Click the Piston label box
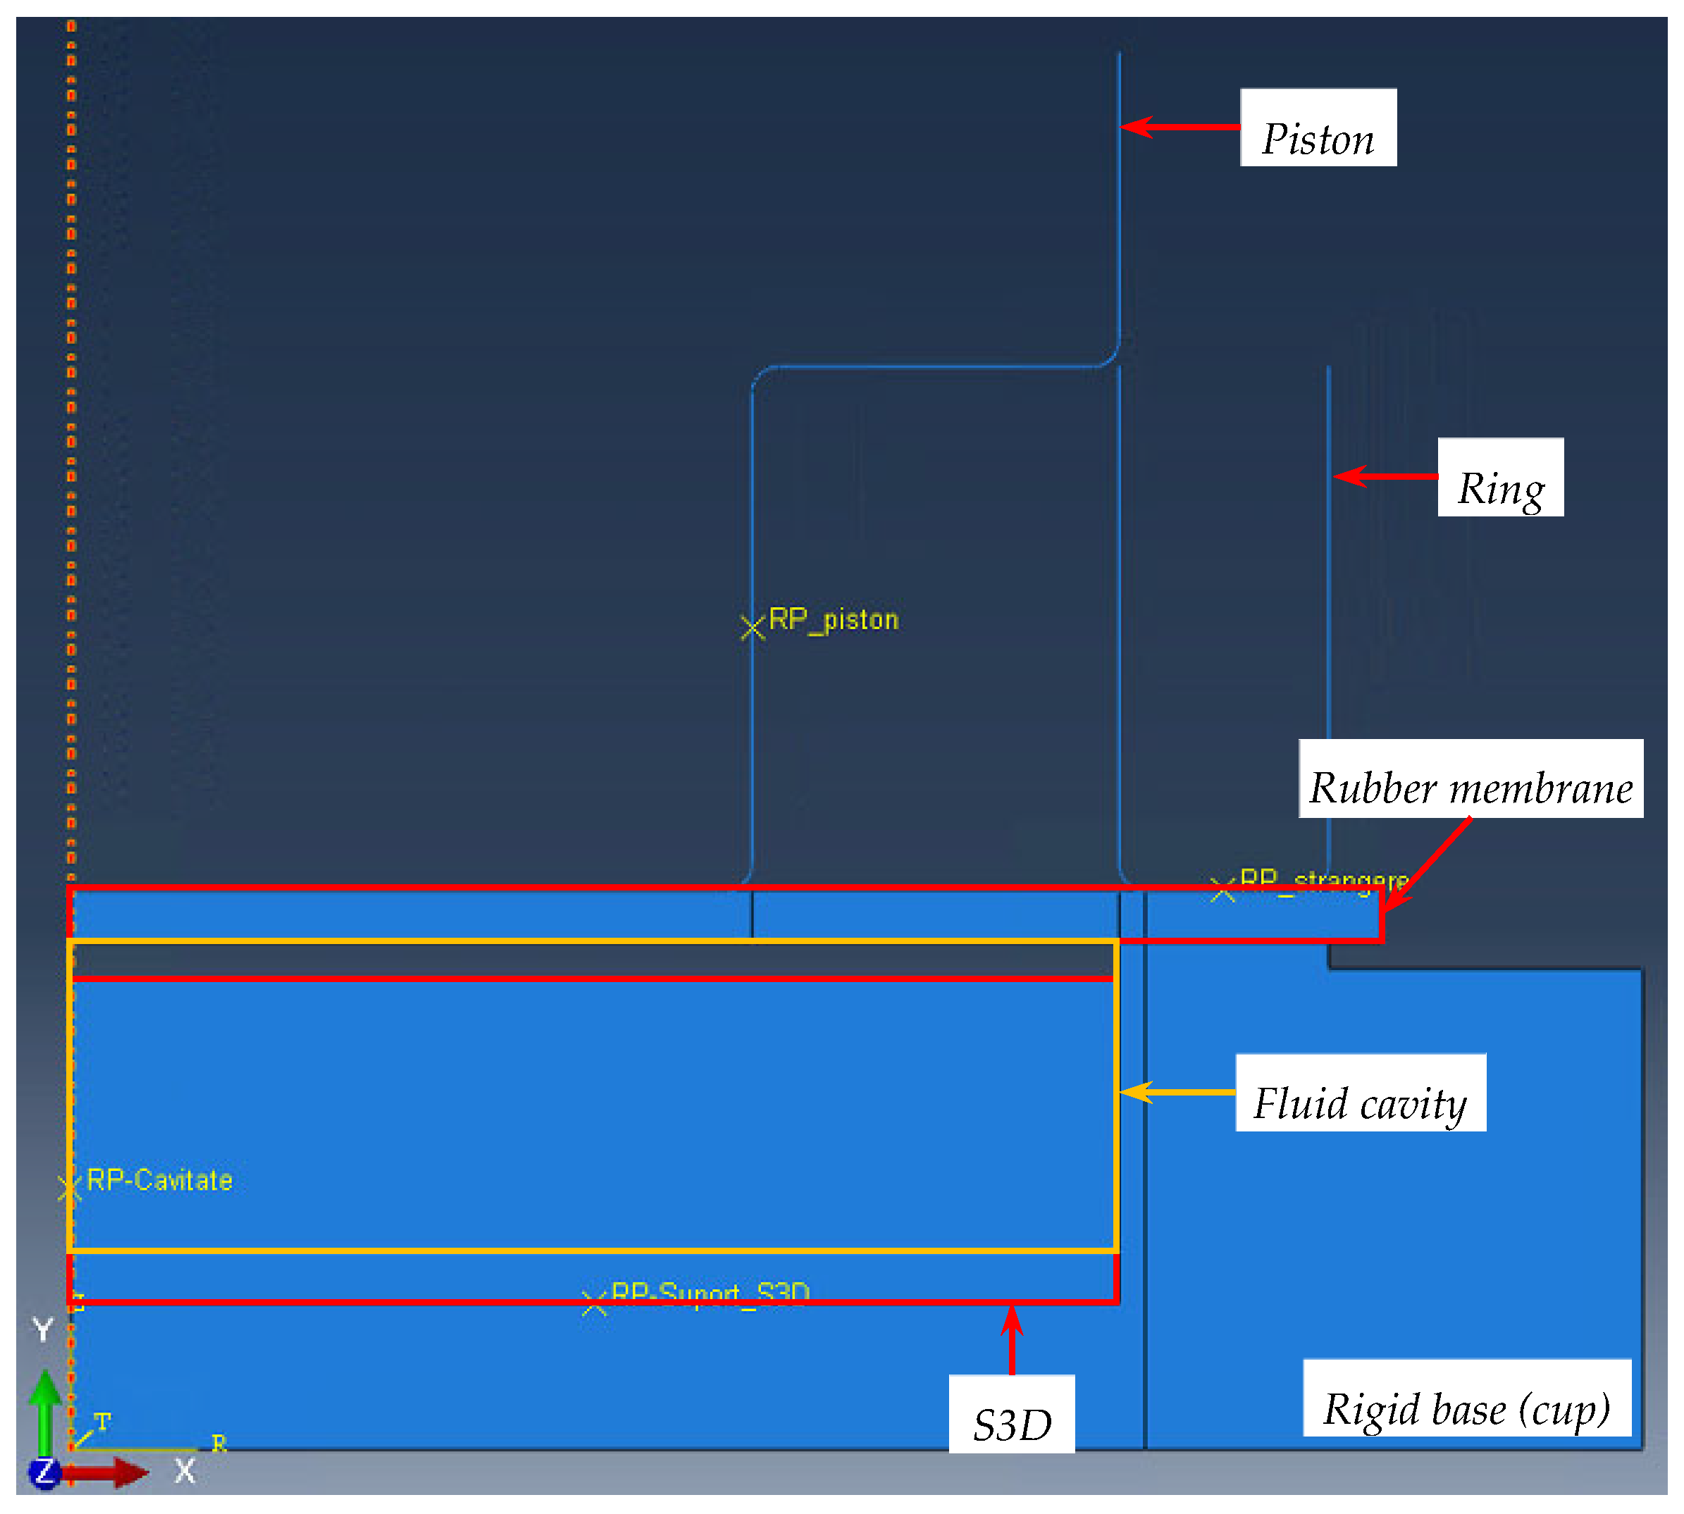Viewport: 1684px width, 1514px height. pos(1318,128)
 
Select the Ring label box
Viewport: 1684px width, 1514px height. pos(1500,478)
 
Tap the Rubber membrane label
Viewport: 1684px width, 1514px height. pos(1471,779)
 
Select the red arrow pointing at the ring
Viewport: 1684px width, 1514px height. pos(1385,477)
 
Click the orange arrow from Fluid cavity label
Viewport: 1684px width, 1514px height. pos(1177,1092)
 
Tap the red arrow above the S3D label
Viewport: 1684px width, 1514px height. pos(1012,1340)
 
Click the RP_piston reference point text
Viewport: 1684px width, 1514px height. pos(834,620)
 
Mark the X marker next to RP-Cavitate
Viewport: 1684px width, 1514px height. pos(70,1189)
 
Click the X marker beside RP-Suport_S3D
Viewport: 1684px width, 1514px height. pos(594,1303)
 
